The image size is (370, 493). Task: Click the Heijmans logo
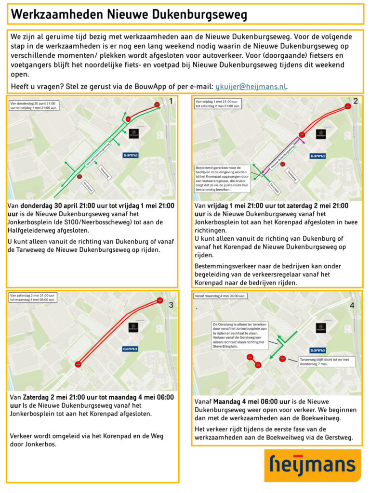pyautogui.click(x=312, y=466)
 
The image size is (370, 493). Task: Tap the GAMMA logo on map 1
pyautogui.click(x=130, y=155)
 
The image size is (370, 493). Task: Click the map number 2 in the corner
pyautogui.click(x=356, y=101)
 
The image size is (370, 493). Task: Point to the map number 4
pyautogui.click(x=352, y=305)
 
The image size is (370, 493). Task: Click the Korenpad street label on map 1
pyautogui.click(x=88, y=186)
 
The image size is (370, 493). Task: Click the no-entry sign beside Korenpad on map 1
pyautogui.click(x=79, y=177)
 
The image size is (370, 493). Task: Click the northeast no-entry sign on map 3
pyautogui.click(x=160, y=301)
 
